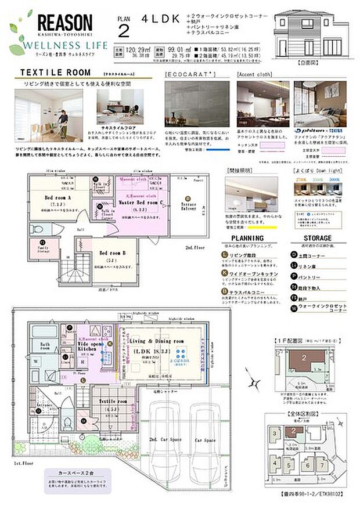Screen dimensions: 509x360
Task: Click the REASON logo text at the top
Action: point(64,23)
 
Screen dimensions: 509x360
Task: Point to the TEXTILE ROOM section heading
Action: point(56,73)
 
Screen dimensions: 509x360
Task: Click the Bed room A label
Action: point(58,197)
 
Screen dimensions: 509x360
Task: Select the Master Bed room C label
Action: point(139,201)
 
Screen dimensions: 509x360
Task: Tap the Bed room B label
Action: point(114,253)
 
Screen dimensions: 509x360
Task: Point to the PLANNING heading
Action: point(248,238)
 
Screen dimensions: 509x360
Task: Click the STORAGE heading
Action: point(317,238)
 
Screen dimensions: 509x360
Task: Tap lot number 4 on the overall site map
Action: point(273,463)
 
